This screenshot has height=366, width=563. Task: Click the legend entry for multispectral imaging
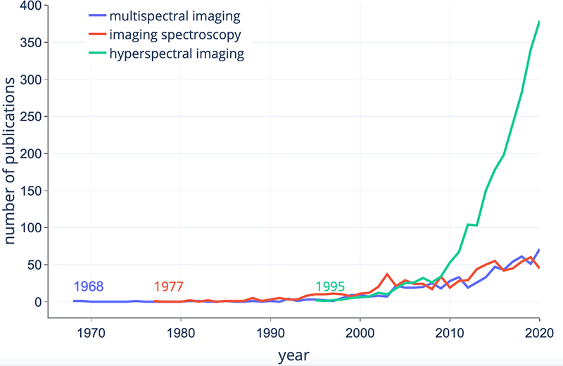pos(168,15)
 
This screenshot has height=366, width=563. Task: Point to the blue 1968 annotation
pos(89,286)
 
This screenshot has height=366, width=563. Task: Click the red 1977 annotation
pos(168,286)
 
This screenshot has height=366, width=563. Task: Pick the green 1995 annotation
pos(330,286)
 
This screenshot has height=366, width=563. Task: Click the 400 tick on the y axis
pos(30,6)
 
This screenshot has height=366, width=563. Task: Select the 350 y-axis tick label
pos(30,43)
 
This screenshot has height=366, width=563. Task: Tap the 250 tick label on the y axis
pos(30,117)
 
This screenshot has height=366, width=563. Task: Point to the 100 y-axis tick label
pos(30,228)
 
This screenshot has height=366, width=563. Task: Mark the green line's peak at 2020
pos(539,22)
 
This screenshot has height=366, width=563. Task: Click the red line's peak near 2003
pos(387,274)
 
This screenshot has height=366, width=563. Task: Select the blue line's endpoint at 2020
pos(539,250)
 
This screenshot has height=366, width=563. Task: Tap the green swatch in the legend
pos(97,53)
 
